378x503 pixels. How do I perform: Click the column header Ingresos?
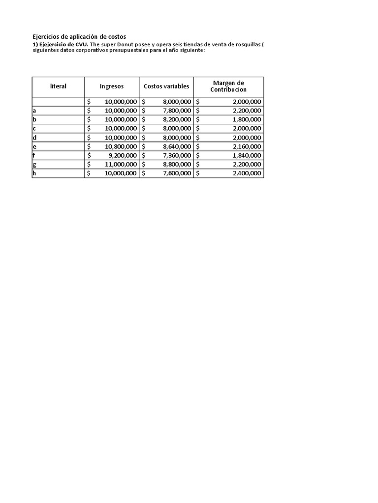click(x=112, y=86)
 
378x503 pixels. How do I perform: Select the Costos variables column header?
click(x=166, y=86)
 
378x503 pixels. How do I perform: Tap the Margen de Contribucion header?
click(x=228, y=86)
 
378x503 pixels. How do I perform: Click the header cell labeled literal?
click(x=58, y=86)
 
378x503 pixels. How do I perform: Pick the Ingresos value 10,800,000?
click(x=120, y=146)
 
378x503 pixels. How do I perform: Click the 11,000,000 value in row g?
click(x=120, y=165)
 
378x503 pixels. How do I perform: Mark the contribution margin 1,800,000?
click(x=247, y=119)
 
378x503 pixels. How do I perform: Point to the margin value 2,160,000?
click(x=247, y=146)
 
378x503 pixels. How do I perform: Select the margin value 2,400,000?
click(x=247, y=173)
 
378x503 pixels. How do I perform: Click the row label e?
click(x=34, y=146)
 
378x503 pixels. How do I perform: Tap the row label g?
click(x=34, y=165)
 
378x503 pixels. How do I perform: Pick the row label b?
click(x=34, y=119)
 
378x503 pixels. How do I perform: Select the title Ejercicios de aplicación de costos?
click(x=79, y=37)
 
